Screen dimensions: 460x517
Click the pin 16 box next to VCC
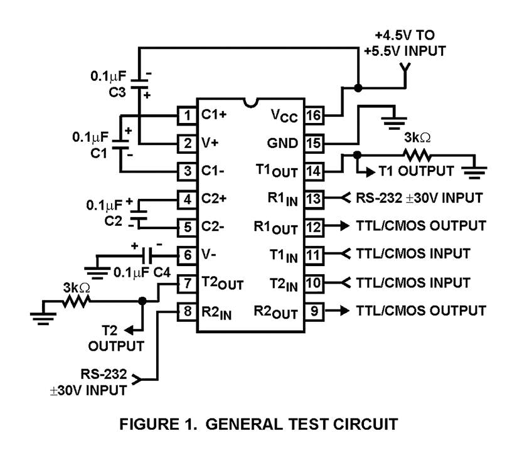[314, 115]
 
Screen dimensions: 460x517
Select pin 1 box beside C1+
[186, 115]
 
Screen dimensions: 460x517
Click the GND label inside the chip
[285, 143]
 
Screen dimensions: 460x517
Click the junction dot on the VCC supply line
[358, 88]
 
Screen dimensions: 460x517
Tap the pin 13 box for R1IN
[314, 199]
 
